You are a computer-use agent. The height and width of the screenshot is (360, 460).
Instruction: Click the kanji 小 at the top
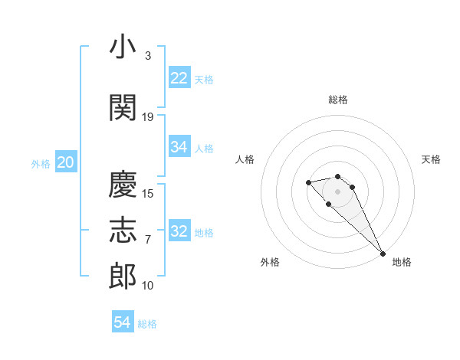pyautogui.click(x=123, y=47)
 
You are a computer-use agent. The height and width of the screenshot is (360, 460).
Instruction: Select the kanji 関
pyautogui.click(x=123, y=107)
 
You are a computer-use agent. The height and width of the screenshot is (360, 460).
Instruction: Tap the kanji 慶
pyautogui.click(x=123, y=185)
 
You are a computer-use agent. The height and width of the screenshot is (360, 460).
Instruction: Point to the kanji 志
pyautogui.click(x=123, y=231)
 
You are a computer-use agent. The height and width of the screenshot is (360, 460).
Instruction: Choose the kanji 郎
pyautogui.click(x=123, y=277)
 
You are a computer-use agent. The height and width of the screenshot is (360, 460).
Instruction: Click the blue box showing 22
pyautogui.click(x=179, y=78)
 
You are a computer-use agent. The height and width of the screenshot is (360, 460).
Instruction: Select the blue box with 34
pyautogui.click(x=179, y=147)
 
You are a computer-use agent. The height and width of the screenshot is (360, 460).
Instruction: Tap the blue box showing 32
pyautogui.click(x=179, y=231)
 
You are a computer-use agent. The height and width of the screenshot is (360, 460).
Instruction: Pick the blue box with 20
pyautogui.click(x=66, y=162)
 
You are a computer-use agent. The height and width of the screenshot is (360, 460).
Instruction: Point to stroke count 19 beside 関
pyautogui.click(x=148, y=117)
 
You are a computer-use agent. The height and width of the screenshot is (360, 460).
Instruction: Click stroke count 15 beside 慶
pyautogui.click(x=148, y=194)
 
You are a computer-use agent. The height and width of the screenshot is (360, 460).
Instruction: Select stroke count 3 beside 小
pyautogui.click(x=147, y=56)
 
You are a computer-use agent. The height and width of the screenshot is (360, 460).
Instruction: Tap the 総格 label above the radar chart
pyautogui.click(x=338, y=100)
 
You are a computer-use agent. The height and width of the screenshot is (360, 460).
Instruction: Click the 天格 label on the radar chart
pyautogui.click(x=431, y=159)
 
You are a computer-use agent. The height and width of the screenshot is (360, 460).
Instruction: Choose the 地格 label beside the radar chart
pyautogui.click(x=402, y=262)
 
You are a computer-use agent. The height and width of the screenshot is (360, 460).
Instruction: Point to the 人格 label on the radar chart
pyautogui.click(x=245, y=159)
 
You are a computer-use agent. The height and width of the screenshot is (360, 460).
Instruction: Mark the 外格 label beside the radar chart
pyautogui.click(x=270, y=262)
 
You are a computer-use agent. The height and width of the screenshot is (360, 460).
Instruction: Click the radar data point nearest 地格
pyautogui.click(x=383, y=254)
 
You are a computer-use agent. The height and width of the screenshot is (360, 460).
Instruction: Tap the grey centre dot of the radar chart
pyautogui.click(x=337, y=191)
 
